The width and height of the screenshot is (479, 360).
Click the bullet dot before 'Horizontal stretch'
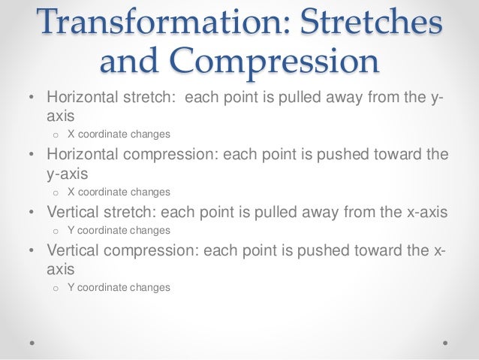click(31, 98)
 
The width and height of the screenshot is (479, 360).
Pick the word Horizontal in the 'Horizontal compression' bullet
click(84, 155)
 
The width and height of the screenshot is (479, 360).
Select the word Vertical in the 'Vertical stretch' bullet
click(74, 212)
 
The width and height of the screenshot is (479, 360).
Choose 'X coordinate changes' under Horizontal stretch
click(119, 135)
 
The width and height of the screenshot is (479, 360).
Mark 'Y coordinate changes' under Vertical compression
click(119, 287)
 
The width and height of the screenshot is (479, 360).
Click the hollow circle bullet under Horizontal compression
click(56, 192)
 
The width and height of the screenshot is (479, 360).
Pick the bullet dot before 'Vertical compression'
click(31, 250)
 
